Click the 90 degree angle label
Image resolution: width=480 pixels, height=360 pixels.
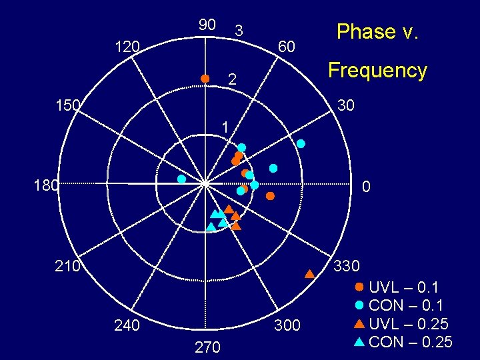pyautogui.click(x=207, y=25)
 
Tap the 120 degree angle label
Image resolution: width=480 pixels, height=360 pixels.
pyautogui.click(x=127, y=47)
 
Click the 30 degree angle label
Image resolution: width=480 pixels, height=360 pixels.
pyautogui.click(x=346, y=105)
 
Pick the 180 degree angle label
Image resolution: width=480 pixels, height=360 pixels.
pyautogui.click(x=47, y=185)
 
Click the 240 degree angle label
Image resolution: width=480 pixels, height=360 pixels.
pyautogui.click(x=127, y=326)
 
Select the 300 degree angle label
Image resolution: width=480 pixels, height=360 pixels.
pyautogui.click(x=287, y=326)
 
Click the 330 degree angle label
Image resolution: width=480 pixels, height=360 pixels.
pyautogui.click(x=347, y=266)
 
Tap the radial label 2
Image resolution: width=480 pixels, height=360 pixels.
pyautogui.click(x=232, y=80)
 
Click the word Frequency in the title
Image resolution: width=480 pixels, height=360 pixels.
pyautogui.click(x=377, y=71)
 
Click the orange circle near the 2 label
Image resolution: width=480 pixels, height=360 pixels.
pyautogui.click(x=205, y=79)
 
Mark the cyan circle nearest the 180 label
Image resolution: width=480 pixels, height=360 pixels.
pyautogui.click(x=181, y=179)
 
